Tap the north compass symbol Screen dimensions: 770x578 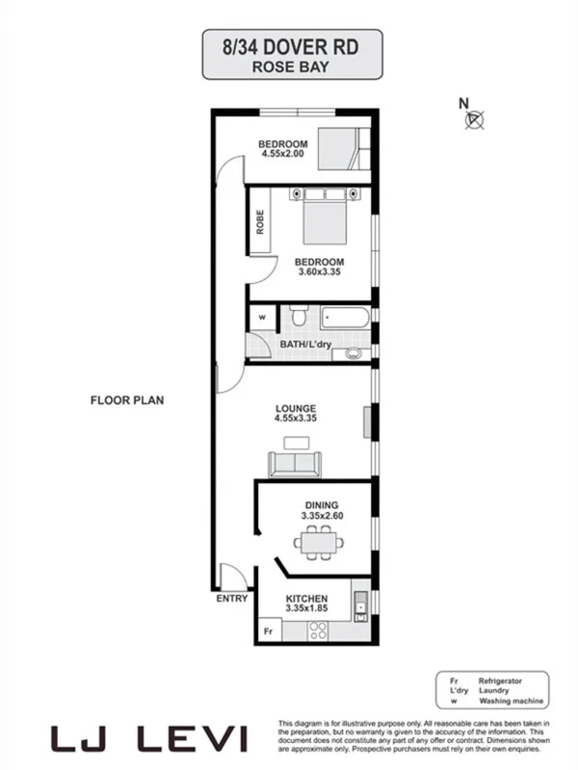473,118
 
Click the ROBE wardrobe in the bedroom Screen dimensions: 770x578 260,221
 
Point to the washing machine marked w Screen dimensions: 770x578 261,317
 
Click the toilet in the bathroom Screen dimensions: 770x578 299,316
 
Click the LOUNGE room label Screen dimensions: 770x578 295,409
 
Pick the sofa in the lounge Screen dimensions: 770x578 296,465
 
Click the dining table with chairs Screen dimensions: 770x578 320,544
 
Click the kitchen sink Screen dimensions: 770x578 360,604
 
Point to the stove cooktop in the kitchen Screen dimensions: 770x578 317,630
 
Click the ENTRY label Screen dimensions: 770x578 232,599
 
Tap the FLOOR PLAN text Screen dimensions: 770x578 127,399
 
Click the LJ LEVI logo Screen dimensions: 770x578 149,738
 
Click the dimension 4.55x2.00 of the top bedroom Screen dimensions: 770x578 282,153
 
